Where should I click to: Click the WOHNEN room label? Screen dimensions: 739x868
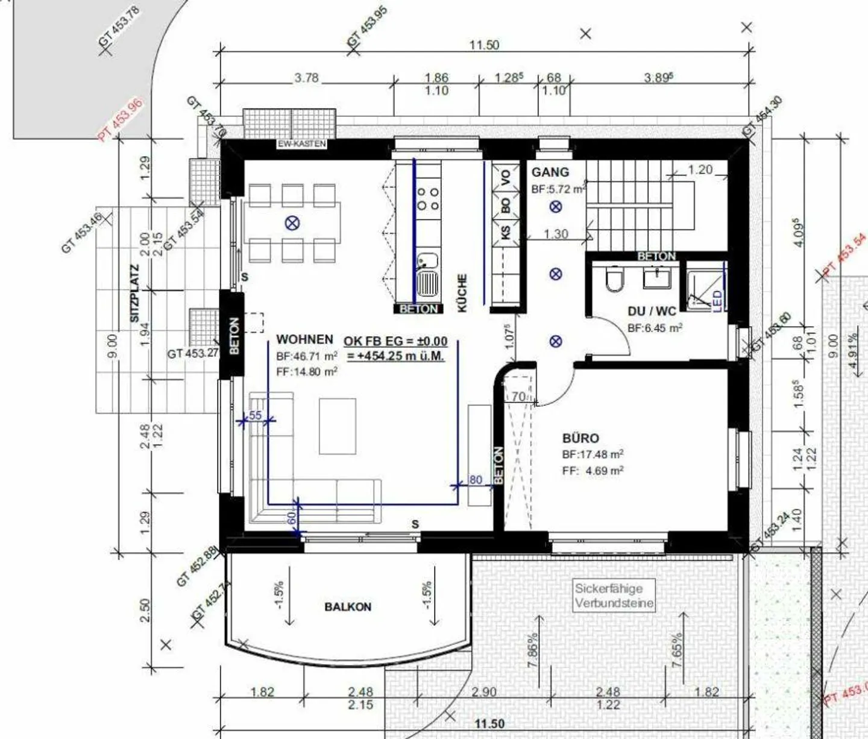304,339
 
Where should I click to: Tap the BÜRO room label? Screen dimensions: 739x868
580,438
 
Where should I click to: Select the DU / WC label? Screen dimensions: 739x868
652,311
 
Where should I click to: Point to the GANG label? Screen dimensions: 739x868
550,172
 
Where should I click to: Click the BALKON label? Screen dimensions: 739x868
348,607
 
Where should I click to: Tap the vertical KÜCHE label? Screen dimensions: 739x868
462,293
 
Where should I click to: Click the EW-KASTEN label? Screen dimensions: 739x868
301,144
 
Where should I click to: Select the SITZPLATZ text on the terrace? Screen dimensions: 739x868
134,293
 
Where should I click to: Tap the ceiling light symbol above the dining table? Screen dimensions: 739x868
292,224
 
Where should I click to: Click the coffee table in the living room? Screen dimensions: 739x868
337,426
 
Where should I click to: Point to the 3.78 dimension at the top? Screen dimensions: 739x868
306,78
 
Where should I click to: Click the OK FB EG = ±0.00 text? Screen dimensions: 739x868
395,341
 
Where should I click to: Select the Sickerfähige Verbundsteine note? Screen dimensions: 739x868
614,596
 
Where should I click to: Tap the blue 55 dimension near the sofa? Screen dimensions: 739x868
256,415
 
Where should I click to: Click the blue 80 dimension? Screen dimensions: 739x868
476,480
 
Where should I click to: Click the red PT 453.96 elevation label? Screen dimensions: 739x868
121,119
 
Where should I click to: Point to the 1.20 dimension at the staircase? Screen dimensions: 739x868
700,170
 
